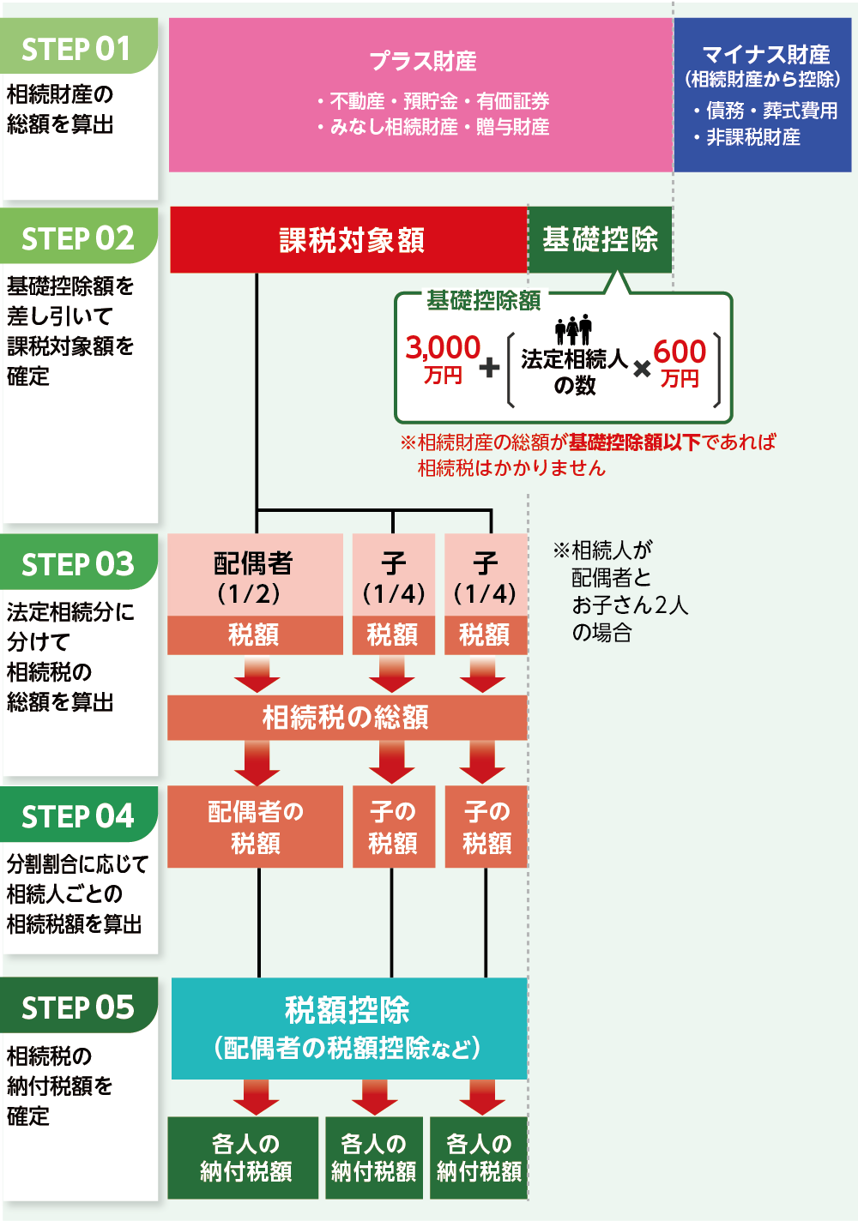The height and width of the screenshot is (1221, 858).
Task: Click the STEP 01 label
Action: coord(77,49)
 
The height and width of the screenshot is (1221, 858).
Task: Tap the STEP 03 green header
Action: coord(78,563)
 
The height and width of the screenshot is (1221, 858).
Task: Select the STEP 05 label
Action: coord(78,1007)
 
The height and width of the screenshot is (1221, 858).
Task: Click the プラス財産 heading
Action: coord(423,62)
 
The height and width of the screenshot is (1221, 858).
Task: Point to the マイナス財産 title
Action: coord(765,55)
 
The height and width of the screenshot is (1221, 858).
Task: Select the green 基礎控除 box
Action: coord(600,240)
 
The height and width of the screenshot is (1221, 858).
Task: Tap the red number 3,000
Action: coord(443,348)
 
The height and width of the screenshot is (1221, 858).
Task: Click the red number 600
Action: coord(680,352)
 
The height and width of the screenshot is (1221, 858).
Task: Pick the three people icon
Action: coord(573,329)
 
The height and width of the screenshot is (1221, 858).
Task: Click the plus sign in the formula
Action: coord(489,368)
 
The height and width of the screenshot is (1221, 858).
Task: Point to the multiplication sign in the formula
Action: coord(642,370)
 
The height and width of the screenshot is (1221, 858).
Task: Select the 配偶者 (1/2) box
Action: coord(254,576)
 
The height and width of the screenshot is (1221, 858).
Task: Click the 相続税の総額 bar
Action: coord(347,718)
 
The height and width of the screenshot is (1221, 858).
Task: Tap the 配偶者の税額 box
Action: coord(256,827)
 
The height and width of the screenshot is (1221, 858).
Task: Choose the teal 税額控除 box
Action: coord(348,1027)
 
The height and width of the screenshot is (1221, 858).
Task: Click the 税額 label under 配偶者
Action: coord(254,635)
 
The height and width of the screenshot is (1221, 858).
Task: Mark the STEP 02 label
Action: coord(78,238)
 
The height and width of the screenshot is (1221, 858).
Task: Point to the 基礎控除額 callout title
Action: coord(483,300)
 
